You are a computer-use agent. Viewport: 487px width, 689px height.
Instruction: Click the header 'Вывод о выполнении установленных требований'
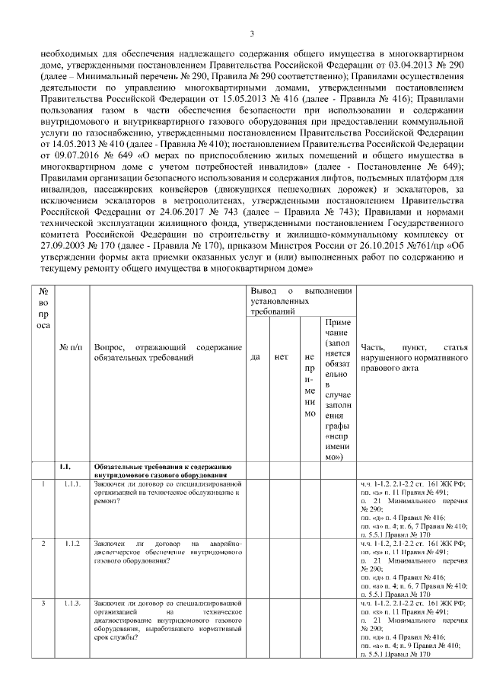(301, 301)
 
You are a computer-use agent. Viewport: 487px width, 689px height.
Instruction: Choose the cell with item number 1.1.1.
(72, 483)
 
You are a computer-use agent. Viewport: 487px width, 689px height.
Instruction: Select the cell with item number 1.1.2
(72, 543)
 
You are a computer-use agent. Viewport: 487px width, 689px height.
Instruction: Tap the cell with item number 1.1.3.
(72, 602)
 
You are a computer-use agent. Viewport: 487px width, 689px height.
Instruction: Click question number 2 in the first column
(43, 543)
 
